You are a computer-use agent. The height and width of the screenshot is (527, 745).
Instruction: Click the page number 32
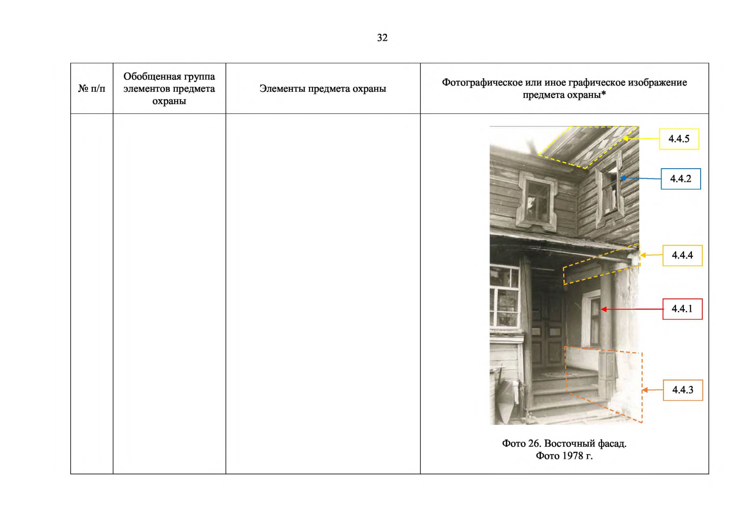click(382, 38)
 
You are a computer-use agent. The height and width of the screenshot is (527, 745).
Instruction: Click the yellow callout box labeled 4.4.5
click(679, 139)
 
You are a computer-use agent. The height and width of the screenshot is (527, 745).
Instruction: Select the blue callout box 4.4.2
click(680, 179)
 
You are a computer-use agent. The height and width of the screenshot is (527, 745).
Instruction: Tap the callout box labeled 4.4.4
click(682, 255)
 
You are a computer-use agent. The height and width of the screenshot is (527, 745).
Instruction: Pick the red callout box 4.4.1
click(682, 309)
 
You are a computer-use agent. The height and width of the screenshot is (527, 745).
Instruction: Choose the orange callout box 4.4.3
click(683, 390)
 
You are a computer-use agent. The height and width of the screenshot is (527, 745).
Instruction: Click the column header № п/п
click(91, 89)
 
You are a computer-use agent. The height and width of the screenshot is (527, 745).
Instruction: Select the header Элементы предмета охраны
click(323, 89)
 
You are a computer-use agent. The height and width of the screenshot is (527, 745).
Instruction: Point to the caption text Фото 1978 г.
click(564, 455)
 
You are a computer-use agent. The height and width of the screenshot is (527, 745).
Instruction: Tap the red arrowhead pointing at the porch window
click(604, 309)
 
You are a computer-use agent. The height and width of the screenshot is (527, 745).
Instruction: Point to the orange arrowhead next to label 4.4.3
click(644, 390)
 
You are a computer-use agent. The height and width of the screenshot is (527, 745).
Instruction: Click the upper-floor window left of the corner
click(537, 202)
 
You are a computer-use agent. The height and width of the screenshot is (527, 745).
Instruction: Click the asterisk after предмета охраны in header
click(603, 94)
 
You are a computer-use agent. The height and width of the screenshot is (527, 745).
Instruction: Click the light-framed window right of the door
click(591, 318)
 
